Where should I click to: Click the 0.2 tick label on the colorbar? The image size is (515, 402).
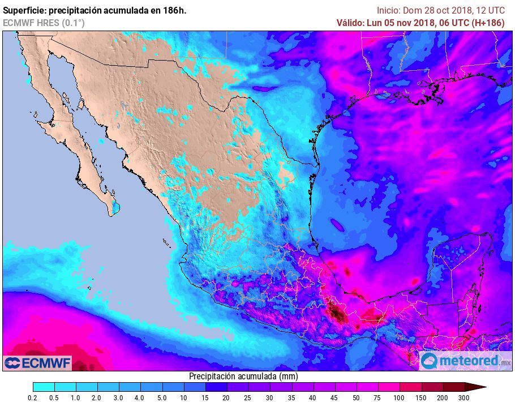[33, 398]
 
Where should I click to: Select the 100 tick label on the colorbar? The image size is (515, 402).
[399, 398]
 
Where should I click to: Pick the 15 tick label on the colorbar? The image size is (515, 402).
[204, 398]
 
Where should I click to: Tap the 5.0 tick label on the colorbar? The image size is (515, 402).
[161, 398]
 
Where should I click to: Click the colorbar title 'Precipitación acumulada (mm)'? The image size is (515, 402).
[243, 376]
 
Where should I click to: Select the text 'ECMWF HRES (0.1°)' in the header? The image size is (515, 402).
[44, 23]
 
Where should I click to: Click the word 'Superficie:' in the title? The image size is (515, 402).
[25, 10]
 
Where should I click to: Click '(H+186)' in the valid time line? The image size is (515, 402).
[492, 23]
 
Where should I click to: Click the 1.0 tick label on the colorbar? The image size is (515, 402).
[75, 398]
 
